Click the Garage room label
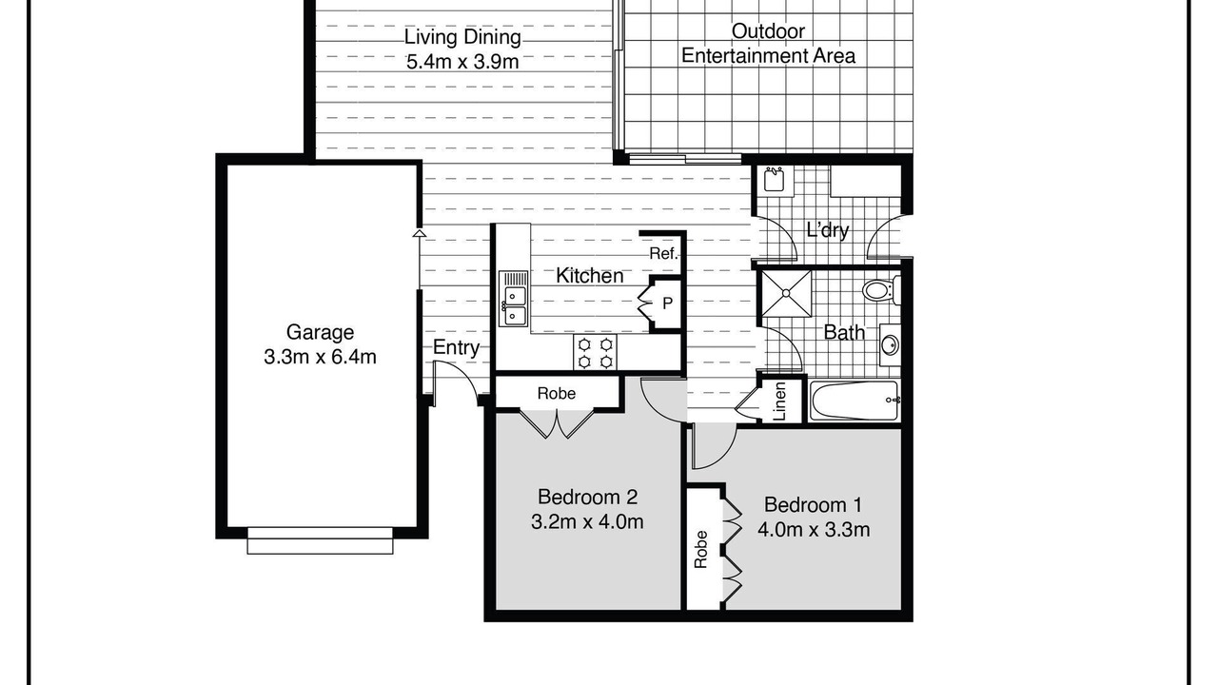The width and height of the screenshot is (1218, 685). pos(320,332)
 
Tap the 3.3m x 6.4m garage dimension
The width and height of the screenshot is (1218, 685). pos(320,357)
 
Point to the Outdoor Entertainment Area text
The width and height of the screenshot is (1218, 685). pos(768,43)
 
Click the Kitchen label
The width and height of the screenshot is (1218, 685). pos(589,276)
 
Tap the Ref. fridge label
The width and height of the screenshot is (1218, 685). pos(664,253)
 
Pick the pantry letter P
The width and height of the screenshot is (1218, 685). pos(668,303)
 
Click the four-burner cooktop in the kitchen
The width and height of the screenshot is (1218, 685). pos(595,353)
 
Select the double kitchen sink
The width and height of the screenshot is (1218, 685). pos(514,299)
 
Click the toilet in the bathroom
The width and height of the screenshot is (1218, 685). pos(881,290)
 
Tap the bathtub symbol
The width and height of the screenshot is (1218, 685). pos(854,401)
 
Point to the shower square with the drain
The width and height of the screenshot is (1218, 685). pos(786,294)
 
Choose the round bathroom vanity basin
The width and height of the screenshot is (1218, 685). pos(890,344)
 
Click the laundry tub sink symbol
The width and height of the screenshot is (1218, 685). pos(775,179)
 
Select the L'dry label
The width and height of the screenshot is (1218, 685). pos(828,230)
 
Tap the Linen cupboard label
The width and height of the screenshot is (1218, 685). pos(779,401)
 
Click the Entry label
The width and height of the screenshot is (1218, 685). pos(456,347)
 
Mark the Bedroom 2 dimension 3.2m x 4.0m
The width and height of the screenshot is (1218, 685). pos(587,522)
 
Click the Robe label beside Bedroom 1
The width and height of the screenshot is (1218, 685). pos(701,549)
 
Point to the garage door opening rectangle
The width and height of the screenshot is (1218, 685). pos(321,540)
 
